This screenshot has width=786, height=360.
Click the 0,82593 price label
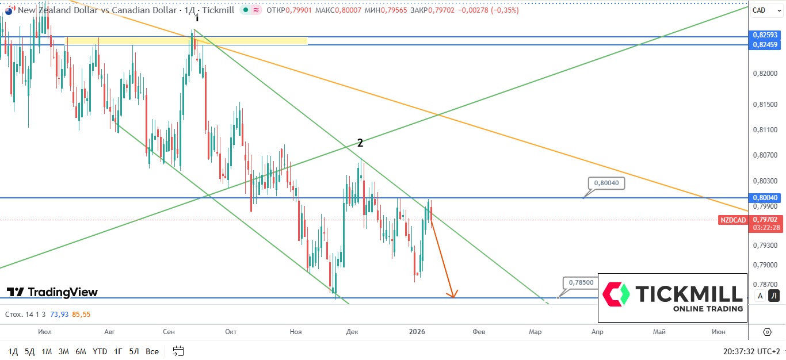(765, 35)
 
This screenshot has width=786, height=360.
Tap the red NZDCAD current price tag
(733, 220)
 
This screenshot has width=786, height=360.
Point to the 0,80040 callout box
(606, 183)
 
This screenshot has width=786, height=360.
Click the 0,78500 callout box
(580, 282)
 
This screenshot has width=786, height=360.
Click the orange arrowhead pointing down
(453, 294)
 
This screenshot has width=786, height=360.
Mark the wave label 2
(360, 143)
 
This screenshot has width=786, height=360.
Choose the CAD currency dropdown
(766, 10)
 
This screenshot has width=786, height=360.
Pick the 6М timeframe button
(81, 351)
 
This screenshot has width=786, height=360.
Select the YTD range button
(100, 351)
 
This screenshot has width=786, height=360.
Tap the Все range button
(152, 351)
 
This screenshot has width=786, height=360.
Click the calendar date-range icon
(178, 351)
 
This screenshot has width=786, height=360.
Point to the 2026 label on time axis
(417, 331)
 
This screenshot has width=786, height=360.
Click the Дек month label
(352, 331)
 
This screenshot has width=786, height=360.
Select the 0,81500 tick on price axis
(765, 105)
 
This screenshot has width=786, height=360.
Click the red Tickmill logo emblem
(616, 294)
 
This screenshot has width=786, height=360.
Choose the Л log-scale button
(774, 296)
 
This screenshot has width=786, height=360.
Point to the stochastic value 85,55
(82, 315)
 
